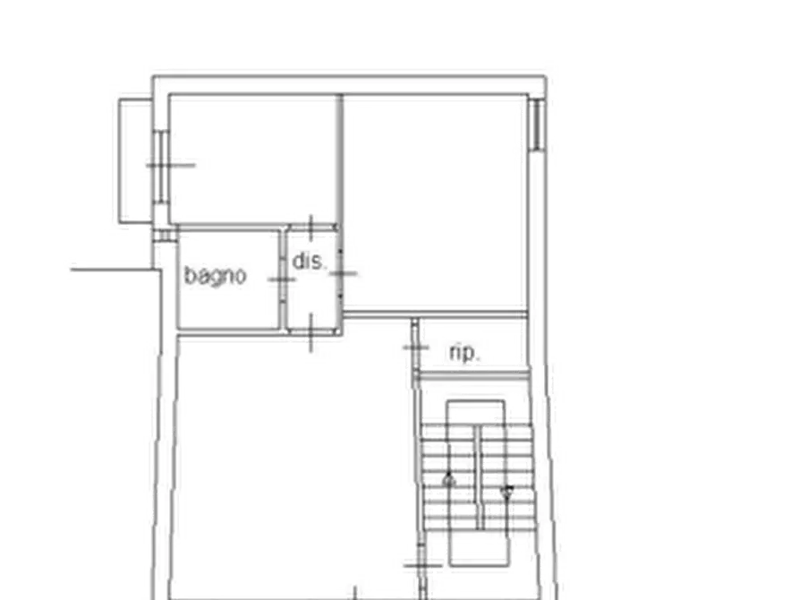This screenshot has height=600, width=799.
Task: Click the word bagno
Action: coord(215,276)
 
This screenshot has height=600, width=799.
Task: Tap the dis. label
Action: coord(309,261)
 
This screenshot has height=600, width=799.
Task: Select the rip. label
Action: coord(464,353)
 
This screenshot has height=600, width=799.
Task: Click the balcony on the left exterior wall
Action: coord(135,160)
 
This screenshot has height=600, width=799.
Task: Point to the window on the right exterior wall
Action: coord(536,125)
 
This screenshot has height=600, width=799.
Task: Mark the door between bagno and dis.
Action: coord(282,279)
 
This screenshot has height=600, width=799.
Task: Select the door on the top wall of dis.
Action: coord(311,227)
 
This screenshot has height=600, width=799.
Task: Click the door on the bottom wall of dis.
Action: coord(311,332)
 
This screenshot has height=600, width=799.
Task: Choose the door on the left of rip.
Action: coord(416,347)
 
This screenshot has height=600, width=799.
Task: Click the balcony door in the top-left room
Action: coord(161,166)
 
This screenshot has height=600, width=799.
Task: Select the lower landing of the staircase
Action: coord(479,547)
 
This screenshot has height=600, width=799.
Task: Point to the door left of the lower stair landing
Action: coord(422,565)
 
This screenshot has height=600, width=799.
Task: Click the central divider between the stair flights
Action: coord(479,477)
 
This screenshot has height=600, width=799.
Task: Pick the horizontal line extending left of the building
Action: coord(112,270)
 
